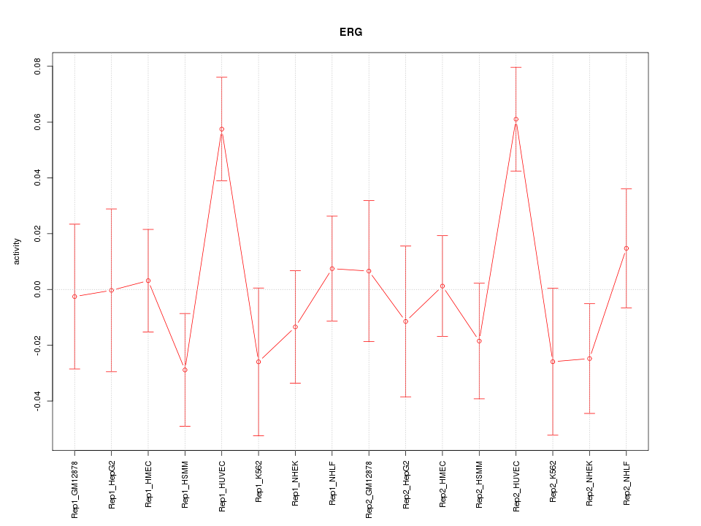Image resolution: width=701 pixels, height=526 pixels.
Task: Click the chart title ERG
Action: click(350, 32)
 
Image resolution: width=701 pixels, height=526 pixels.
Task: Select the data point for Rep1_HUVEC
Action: click(221, 129)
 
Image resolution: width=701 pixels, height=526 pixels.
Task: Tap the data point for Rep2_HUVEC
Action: click(516, 119)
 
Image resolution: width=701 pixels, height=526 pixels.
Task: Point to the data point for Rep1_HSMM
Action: click(185, 370)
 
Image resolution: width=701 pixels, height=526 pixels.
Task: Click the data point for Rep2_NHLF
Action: click(626, 248)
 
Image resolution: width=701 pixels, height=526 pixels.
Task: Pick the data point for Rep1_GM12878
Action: click(74, 297)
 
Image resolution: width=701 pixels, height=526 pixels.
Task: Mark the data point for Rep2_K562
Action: click(553, 362)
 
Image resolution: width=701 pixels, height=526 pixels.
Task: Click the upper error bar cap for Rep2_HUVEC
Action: click(516, 67)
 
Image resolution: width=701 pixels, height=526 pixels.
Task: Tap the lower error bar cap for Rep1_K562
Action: click(258, 435)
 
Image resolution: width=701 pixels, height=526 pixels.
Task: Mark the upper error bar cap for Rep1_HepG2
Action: click(111, 209)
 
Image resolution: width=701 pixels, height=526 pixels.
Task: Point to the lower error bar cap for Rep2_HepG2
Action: click(405, 397)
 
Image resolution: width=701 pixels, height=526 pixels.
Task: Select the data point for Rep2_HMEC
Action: click(443, 286)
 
